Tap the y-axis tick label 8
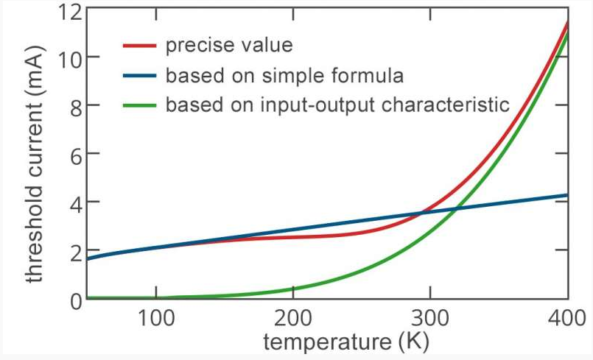coord(72,105)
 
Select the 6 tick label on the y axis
coord(72,154)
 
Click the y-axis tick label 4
coord(72,202)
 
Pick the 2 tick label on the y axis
coord(72,250)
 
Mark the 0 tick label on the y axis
coord(72,299)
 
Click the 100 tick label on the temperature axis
coord(156,321)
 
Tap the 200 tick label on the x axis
coord(293,321)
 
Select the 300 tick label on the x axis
coord(431,321)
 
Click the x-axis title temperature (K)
coord(345,344)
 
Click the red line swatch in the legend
coord(140,46)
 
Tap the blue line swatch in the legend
coord(140,75)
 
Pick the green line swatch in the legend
coord(140,105)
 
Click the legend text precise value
coord(229,46)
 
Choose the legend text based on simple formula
coord(284,75)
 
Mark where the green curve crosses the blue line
coord(457,209)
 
